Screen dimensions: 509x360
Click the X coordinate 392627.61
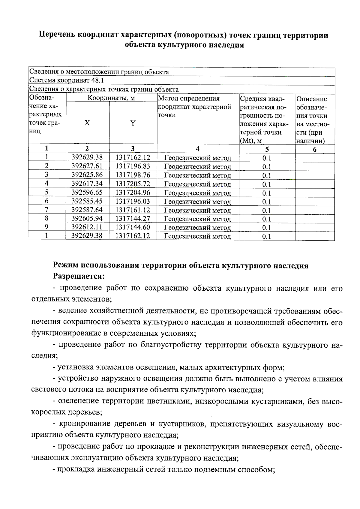[x=87, y=166]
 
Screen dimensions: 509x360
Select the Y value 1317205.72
[x=133, y=184]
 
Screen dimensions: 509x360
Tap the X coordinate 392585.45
[x=87, y=201]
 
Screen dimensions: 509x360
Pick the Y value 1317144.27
[x=133, y=218]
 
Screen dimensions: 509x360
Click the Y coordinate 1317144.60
[x=133, y=227]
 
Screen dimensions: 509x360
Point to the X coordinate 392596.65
[x=87, y=192]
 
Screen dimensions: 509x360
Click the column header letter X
[x=87, y=123]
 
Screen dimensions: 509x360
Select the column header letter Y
[x=133, y=123]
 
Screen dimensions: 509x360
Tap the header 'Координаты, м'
[x=111, y=98]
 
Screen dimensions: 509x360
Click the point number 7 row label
[x=47, y=210]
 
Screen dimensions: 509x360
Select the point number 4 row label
[x=47, y=184]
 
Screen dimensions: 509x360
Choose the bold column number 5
[x=267, y=149]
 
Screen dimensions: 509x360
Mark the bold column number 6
[x=315, y=149]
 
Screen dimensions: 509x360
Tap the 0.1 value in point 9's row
[x=267, y=228]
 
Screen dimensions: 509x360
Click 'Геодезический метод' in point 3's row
[x=198, y=175]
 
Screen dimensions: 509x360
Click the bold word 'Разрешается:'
[x=79, y=276]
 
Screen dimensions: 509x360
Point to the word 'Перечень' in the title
[x=57, y=35]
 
